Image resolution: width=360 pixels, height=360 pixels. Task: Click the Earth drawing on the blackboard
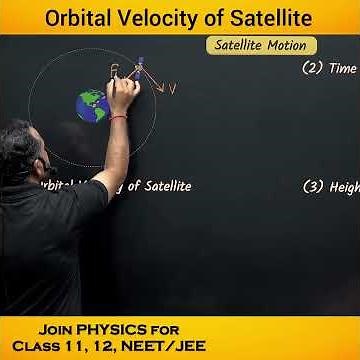(x=93, y=104)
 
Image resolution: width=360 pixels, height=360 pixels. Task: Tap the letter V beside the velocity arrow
(x=172, y=89)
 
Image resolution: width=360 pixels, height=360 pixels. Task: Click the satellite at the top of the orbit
(x=140, y=62)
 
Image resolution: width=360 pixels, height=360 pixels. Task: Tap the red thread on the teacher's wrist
(x=119, y=117)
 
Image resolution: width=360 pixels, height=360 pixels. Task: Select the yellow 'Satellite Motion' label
(x=261, y=46)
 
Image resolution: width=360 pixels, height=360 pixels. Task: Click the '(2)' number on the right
(x=311, y=69)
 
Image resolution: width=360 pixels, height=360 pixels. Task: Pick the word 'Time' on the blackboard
(x=344, y=69)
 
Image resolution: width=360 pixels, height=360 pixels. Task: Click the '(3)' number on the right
(x=311, y=187)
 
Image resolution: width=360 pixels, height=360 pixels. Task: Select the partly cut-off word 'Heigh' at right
(x=344, y=188)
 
